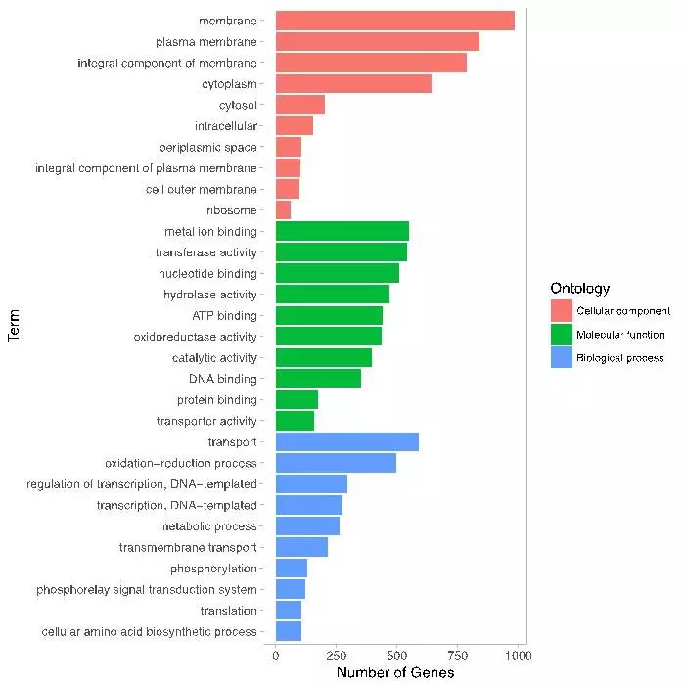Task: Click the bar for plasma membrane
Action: tap(377, 41)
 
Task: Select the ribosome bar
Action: tap(283, 210)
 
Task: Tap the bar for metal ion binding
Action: tap(342, 231)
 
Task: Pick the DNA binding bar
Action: tap(318, 379)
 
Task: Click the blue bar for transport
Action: tap(346, 442)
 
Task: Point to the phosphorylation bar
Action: tap(292, 569)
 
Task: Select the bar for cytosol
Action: tap(299, 105)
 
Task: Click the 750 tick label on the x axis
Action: tap(457, 655)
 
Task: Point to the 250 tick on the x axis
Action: tap(336, 655)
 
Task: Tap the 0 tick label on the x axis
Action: tap(276, 655)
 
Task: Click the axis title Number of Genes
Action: tap(395, 673)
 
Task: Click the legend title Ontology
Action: tap(580, 289)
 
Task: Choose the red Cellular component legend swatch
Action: tap(562, 311)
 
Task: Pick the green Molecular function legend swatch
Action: tap(562, 335)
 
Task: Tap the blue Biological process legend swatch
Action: tap(562, 358)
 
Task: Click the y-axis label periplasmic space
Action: tap(207, 147)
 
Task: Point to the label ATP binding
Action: tap(224, 316)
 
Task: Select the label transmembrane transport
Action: tap(188, 548)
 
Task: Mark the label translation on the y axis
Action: tap(229, 611)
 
